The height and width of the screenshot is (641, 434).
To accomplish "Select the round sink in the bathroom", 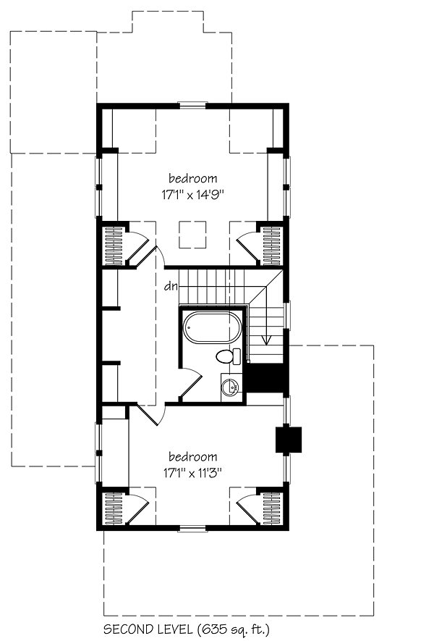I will pos(231,385).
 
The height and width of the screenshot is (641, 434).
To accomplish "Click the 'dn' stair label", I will pos(171,285).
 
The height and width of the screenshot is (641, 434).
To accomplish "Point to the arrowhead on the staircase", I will pos(267,338).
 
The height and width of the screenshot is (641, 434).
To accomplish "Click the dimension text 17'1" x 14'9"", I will pos(193,193).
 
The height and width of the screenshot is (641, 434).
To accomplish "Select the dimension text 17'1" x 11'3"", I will pos(193,472).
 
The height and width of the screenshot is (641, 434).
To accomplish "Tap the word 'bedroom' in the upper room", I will pos(193,178).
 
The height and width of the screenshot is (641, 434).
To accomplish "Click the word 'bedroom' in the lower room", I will pos(193,456).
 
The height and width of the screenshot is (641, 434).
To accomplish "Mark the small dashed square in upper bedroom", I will pos(192,234).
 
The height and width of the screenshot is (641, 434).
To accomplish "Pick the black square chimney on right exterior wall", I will pos(288,440).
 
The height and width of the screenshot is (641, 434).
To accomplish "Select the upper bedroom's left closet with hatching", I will pos(115,244).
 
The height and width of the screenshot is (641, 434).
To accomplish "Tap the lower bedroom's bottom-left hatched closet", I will pos(115,508).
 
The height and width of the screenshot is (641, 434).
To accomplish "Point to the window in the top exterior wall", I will pos(193,105).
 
